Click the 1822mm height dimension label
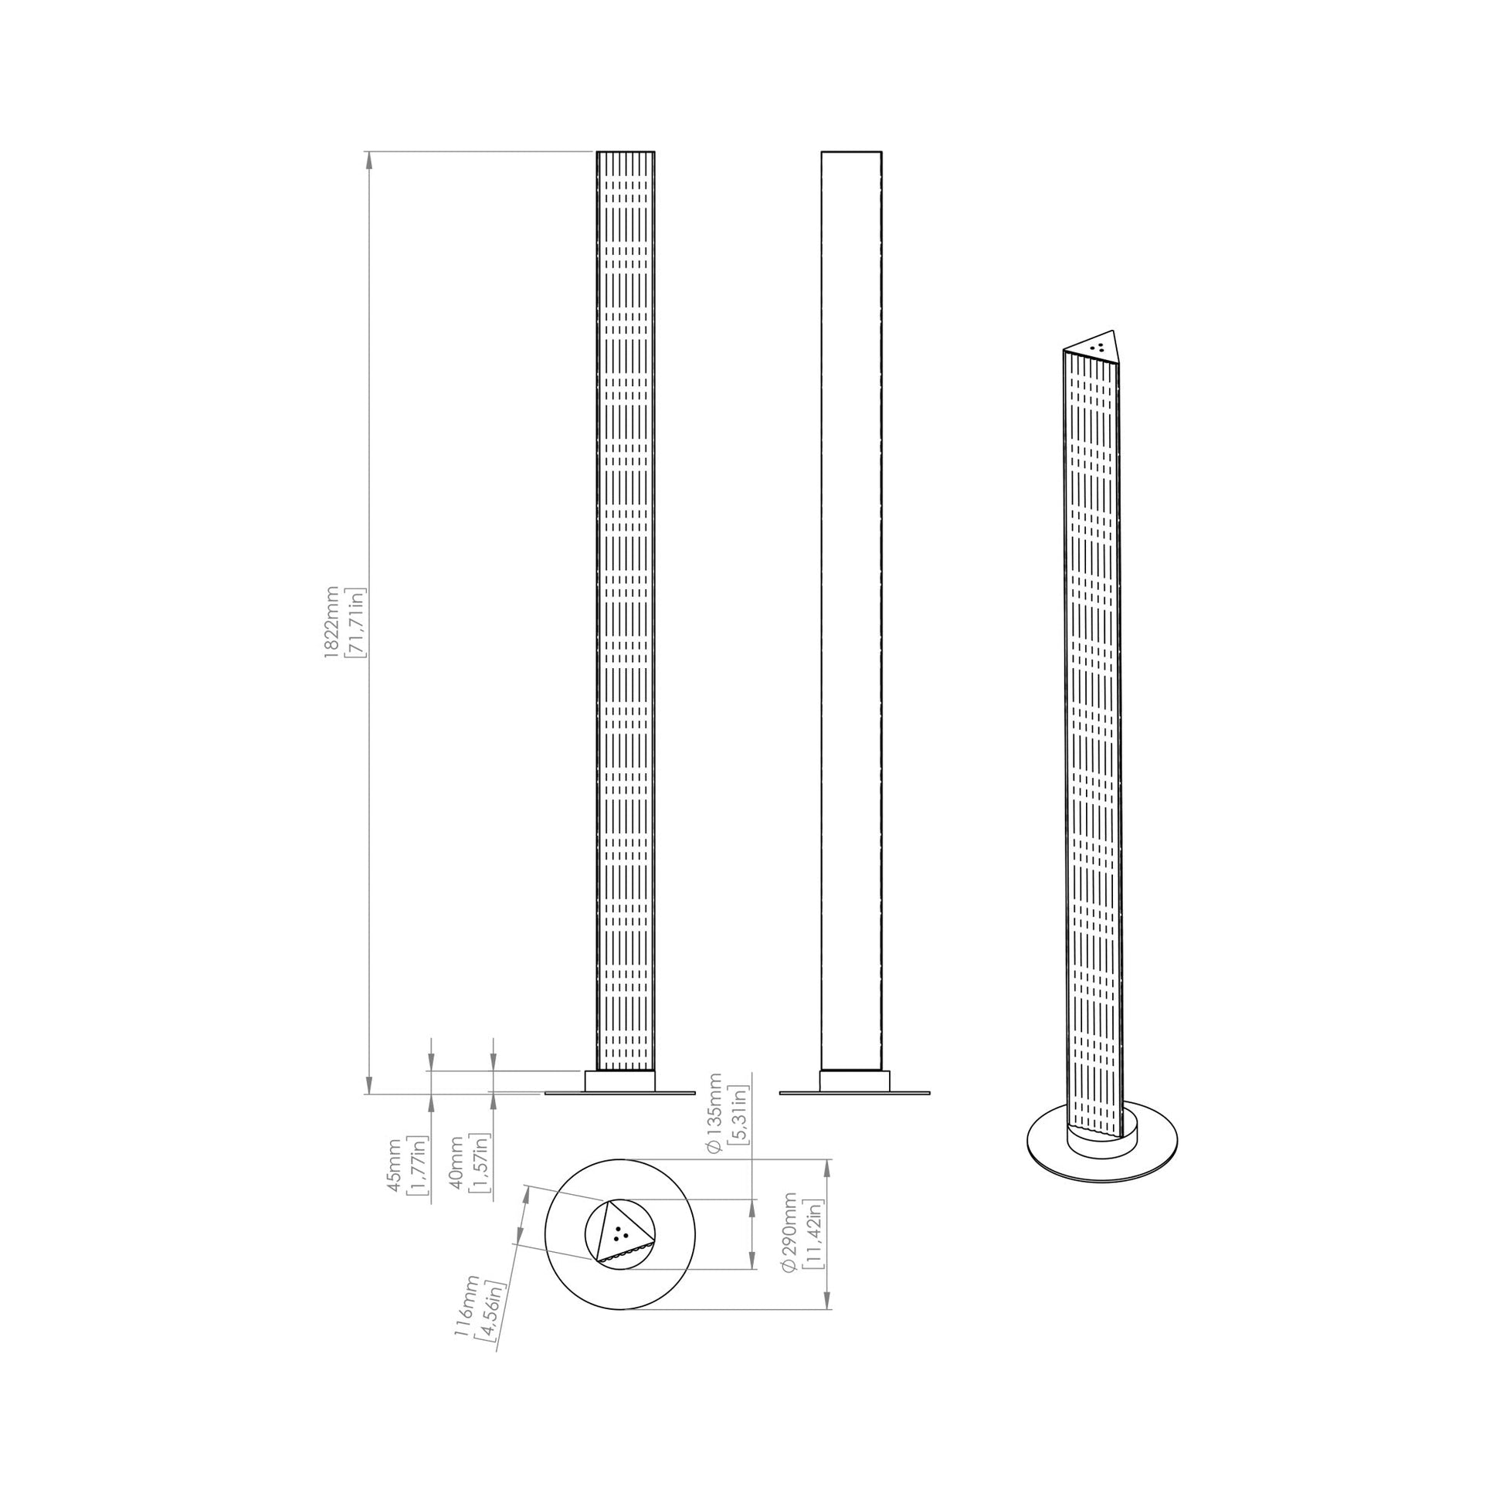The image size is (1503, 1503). tap(331, 623)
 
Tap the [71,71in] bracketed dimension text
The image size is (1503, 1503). tap(357, 623)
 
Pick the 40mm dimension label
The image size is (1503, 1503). tap(456, 1164)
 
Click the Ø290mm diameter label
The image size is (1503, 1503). tap(790, 1243)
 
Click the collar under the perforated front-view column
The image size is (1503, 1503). tap(619, 1081)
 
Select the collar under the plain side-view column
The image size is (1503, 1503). tap(853, 1081)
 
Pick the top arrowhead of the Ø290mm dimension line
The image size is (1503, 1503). tap(827, 1189)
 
